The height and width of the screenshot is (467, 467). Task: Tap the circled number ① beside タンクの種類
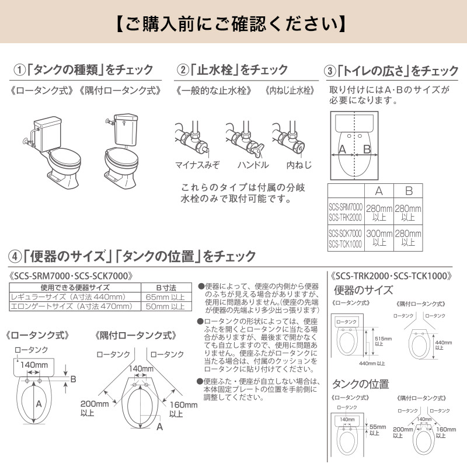(x=20, y=70)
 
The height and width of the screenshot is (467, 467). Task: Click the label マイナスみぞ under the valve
(x=197, y=165)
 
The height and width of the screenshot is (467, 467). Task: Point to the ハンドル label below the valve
(x=253, y=165)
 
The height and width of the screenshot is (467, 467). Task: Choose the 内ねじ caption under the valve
(x=299, y=165)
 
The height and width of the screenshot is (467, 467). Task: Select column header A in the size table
(x=378, y=191)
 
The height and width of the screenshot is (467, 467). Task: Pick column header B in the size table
(x=409, y=191)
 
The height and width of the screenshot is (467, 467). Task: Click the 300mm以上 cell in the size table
(x=379, y=237)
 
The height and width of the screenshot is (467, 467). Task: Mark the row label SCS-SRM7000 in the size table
(x=346, y=207)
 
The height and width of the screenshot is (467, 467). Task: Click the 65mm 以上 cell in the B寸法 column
(x=165, y=297)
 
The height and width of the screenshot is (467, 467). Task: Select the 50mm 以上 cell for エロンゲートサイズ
(x=165, y=305)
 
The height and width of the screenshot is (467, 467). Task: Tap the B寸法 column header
(x=165, y=288)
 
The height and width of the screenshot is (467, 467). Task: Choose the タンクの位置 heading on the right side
(x=360, y=384)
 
